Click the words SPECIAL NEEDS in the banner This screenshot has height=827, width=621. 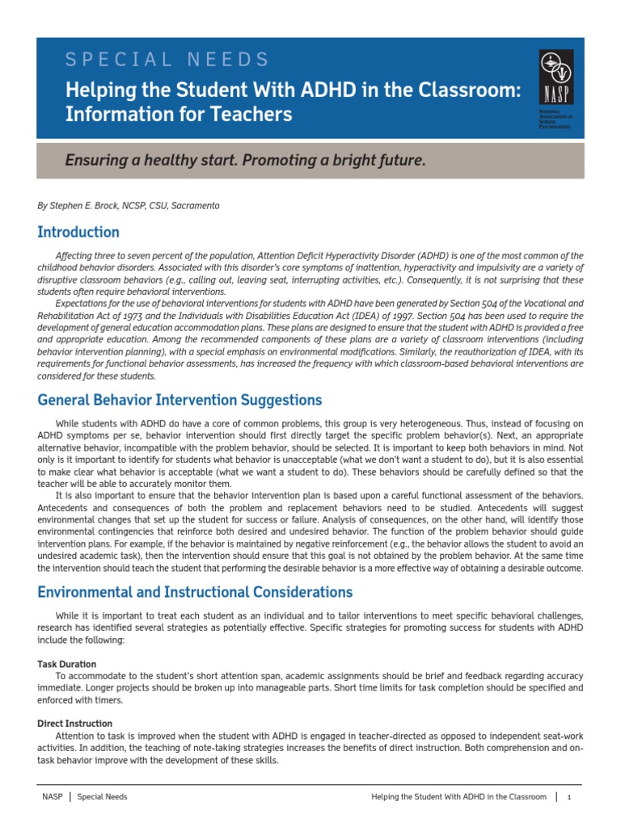point(167,59)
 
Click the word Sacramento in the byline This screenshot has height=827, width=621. point(193,206)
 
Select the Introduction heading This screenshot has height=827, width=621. point(78,233)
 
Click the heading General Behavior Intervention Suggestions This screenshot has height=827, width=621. point(180,401)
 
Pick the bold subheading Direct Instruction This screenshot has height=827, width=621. point(75,724)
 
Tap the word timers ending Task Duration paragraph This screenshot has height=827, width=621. point(107,700)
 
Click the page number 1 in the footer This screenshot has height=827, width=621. point(569,797)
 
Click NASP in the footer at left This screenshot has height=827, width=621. point(52,797)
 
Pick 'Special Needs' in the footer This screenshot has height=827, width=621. point(102,797)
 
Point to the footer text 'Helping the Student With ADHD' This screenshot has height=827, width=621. point(458,797)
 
